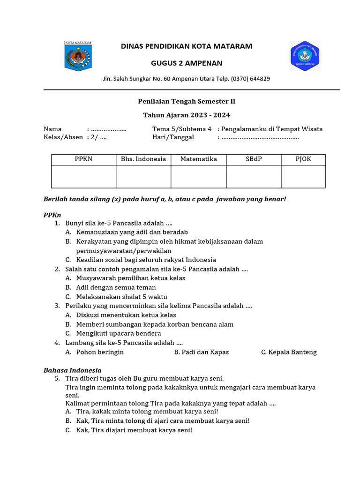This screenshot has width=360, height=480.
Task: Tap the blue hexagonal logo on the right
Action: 305,56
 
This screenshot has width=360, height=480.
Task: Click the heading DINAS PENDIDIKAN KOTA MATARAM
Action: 187,46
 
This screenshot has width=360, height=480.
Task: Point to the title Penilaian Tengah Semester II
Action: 187,101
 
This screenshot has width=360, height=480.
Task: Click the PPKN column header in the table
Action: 83,159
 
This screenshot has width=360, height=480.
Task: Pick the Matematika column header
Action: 198,159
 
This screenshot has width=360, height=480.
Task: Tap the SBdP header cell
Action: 254,159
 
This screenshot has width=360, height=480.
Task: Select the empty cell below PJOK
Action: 303,177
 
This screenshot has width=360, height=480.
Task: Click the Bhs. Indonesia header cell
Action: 143,159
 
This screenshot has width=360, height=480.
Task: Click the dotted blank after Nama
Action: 108,129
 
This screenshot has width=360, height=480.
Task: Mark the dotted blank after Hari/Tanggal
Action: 260,138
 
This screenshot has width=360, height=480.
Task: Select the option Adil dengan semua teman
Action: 116,287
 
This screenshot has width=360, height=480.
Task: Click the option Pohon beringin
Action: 100,352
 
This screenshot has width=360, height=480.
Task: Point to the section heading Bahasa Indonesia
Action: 73,370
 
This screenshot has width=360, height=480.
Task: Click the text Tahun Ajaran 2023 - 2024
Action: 187,115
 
